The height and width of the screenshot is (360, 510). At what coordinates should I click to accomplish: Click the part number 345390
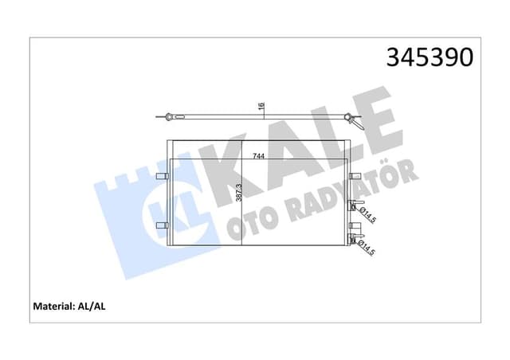(x=430, y=57)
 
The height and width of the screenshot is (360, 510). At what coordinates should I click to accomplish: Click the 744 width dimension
(x=259, y=156)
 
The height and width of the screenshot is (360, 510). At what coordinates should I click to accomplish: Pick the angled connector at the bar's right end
(x=352, y=121)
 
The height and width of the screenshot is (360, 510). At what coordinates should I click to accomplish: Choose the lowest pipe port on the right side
(x=355, y=239)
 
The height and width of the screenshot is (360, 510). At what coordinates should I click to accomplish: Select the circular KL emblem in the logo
(x=163, y=209)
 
